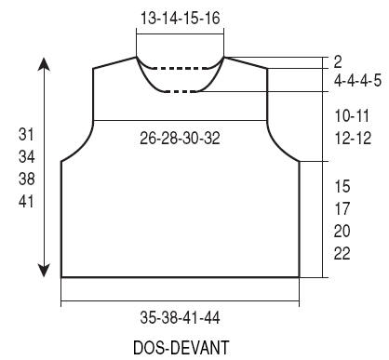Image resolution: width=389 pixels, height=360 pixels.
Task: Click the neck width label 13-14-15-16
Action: pyautogui.click(x=181, y=18)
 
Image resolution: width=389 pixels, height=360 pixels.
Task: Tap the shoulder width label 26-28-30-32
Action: pyautogui.click(x=180, y=138)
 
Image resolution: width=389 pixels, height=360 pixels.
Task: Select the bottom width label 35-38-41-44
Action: pyautogui.click(x=180, y=317)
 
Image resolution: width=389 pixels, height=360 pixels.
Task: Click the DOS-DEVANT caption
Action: pyautogui.click(x=181, y=347)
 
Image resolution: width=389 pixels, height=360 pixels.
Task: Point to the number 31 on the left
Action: pyautogui.click(x=26, y=135)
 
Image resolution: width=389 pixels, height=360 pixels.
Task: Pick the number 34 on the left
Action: pyautogui.click(x=26, y=157)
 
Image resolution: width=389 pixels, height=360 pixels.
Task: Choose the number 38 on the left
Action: pyautogui.click(x=26, y=180)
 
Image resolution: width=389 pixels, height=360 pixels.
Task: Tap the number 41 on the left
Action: pyautogui.click(x=26, y=202)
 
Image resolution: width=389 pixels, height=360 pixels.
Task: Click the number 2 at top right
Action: pyautogui.click(x=338, y=62)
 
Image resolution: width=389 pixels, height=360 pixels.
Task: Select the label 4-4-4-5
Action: pyautogui.click(x=357, y=81)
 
